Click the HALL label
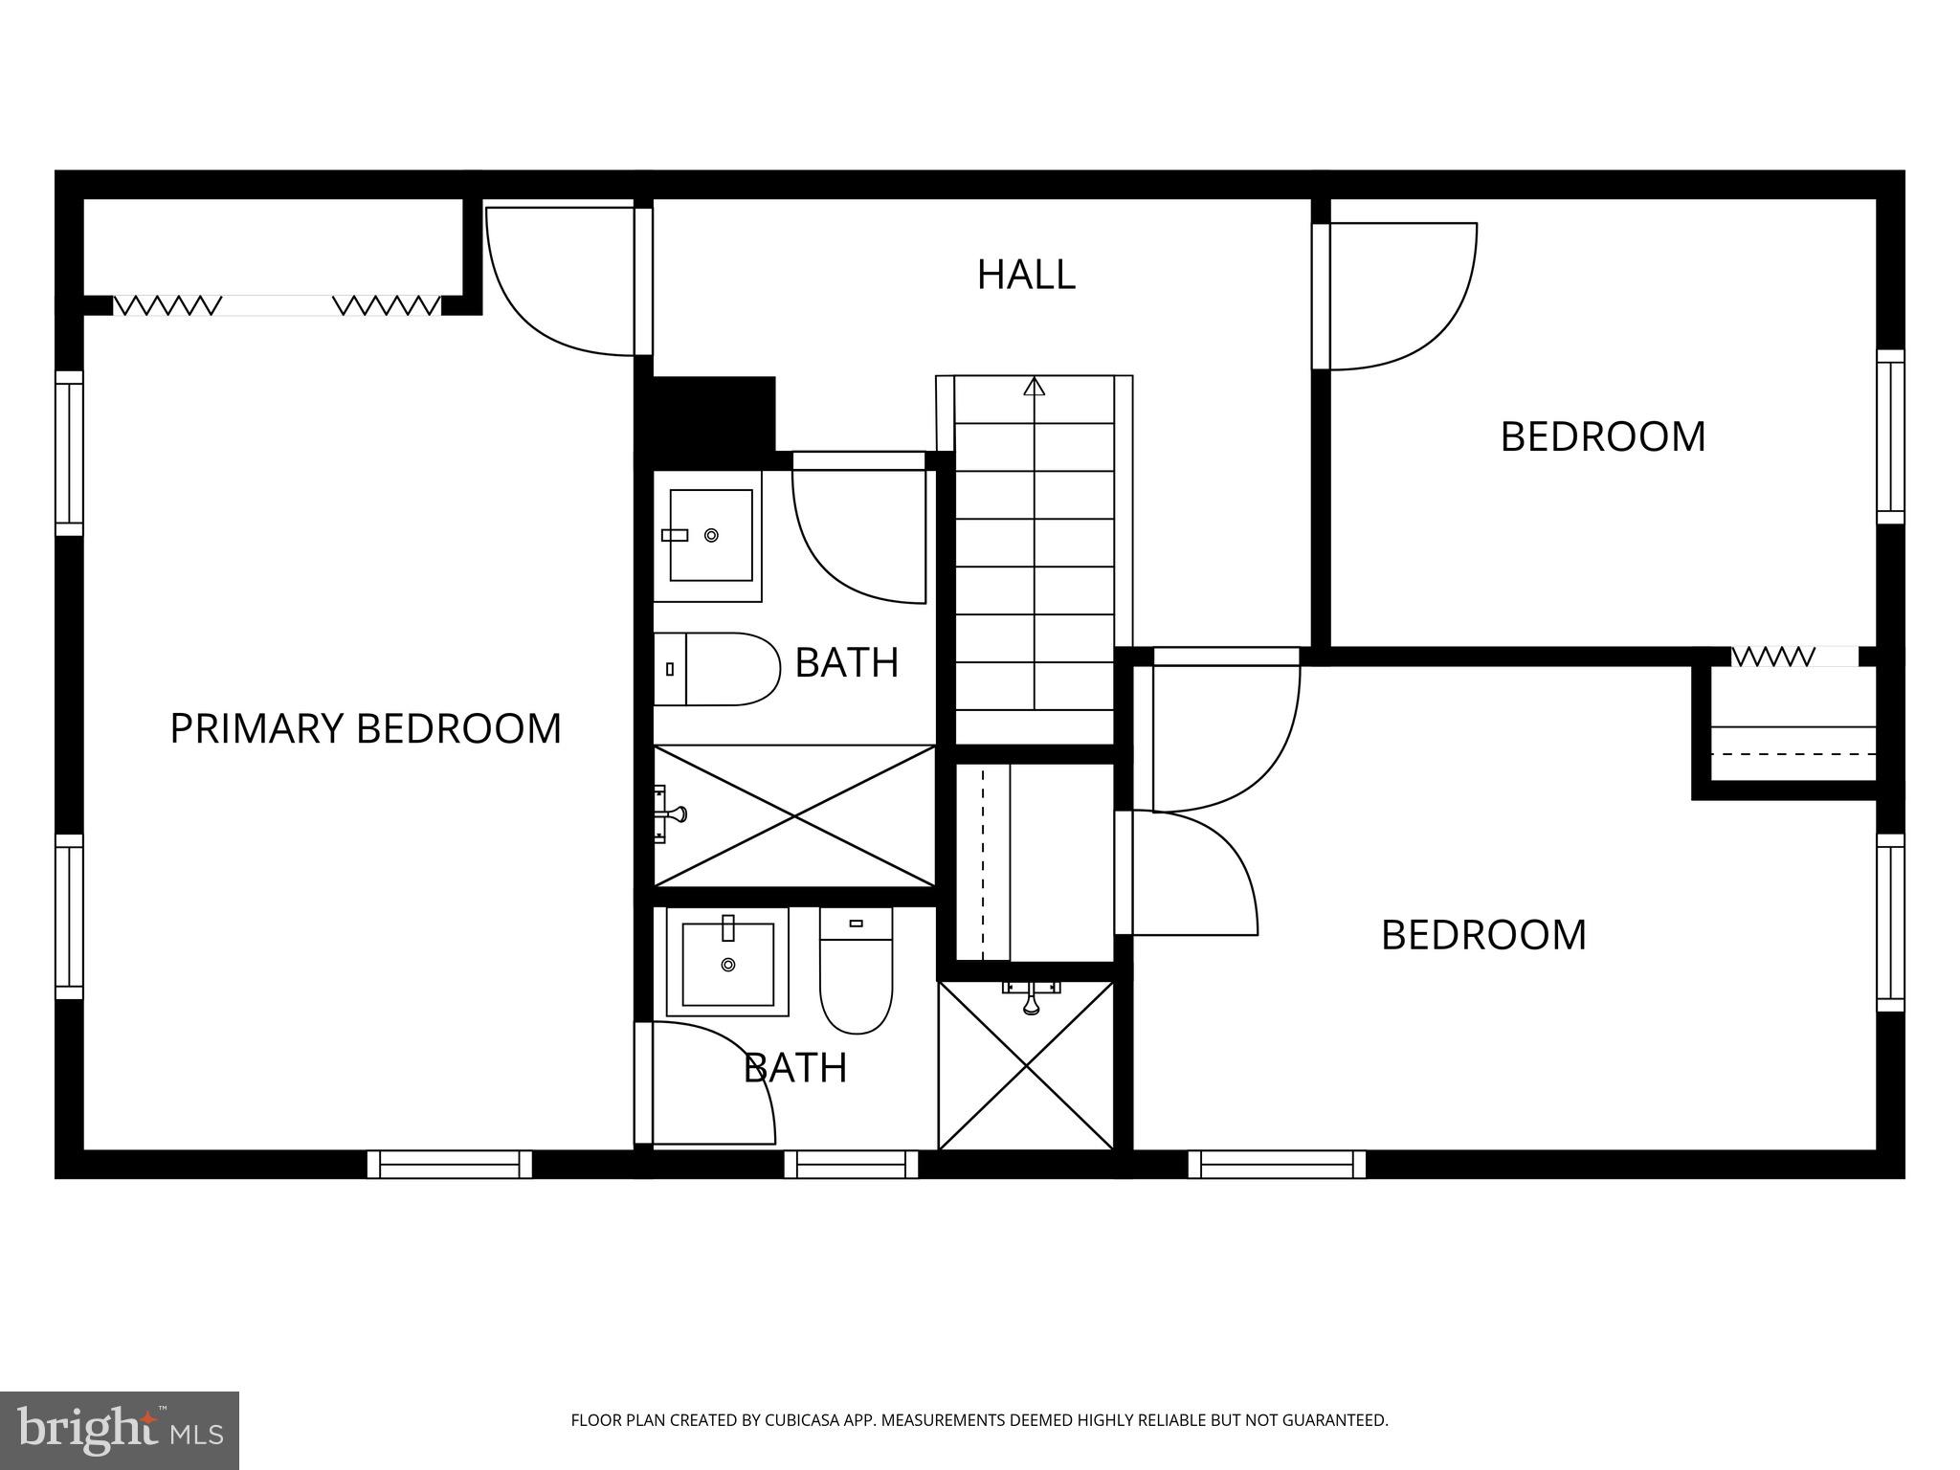pos(1026,275)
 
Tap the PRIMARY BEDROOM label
pos(365,728)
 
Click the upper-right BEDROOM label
pos(1602,436)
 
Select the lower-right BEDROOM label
pos(1483,934)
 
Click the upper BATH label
pos(847,662)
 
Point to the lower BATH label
pos(795,1067)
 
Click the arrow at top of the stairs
pos(1034,387)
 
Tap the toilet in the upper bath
pos(718,669)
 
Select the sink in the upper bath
pos(709,535)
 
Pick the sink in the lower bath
pos(728,963)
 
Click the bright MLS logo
pos(120,1430)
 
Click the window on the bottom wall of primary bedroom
pos(449,1164)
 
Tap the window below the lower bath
pos(851,1164)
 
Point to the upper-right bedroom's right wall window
pos(1889,436)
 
